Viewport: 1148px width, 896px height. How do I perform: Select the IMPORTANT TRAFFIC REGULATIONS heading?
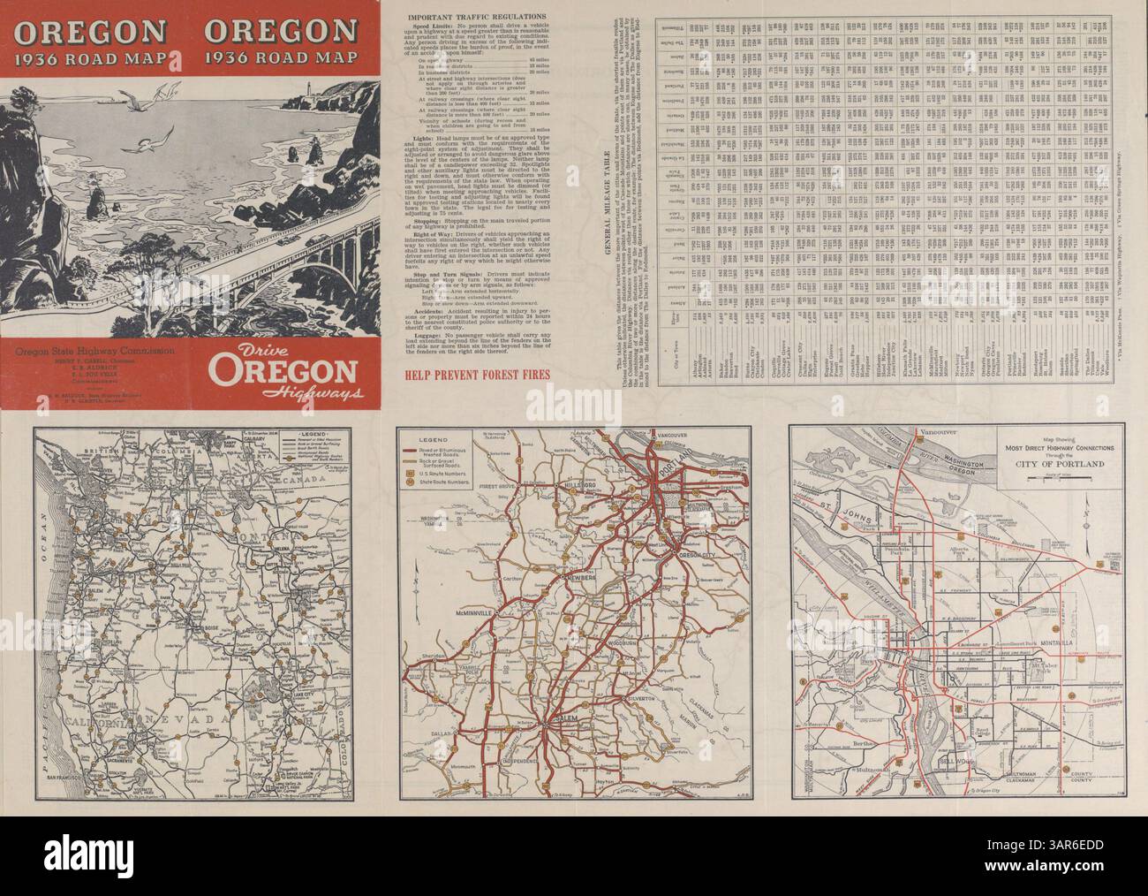[473, 15]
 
